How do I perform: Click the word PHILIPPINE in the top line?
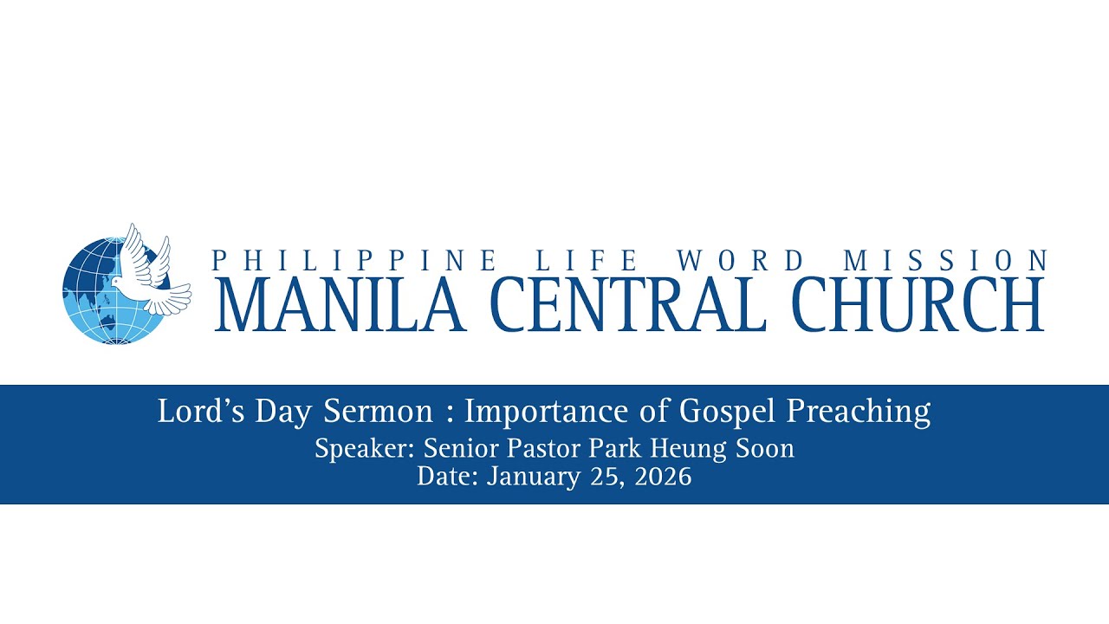[x=354, y=261]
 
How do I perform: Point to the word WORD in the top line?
[x=740, y=261]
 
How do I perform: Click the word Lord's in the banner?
[x=201, y=411]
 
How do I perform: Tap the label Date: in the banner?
[x=447, y=477]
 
